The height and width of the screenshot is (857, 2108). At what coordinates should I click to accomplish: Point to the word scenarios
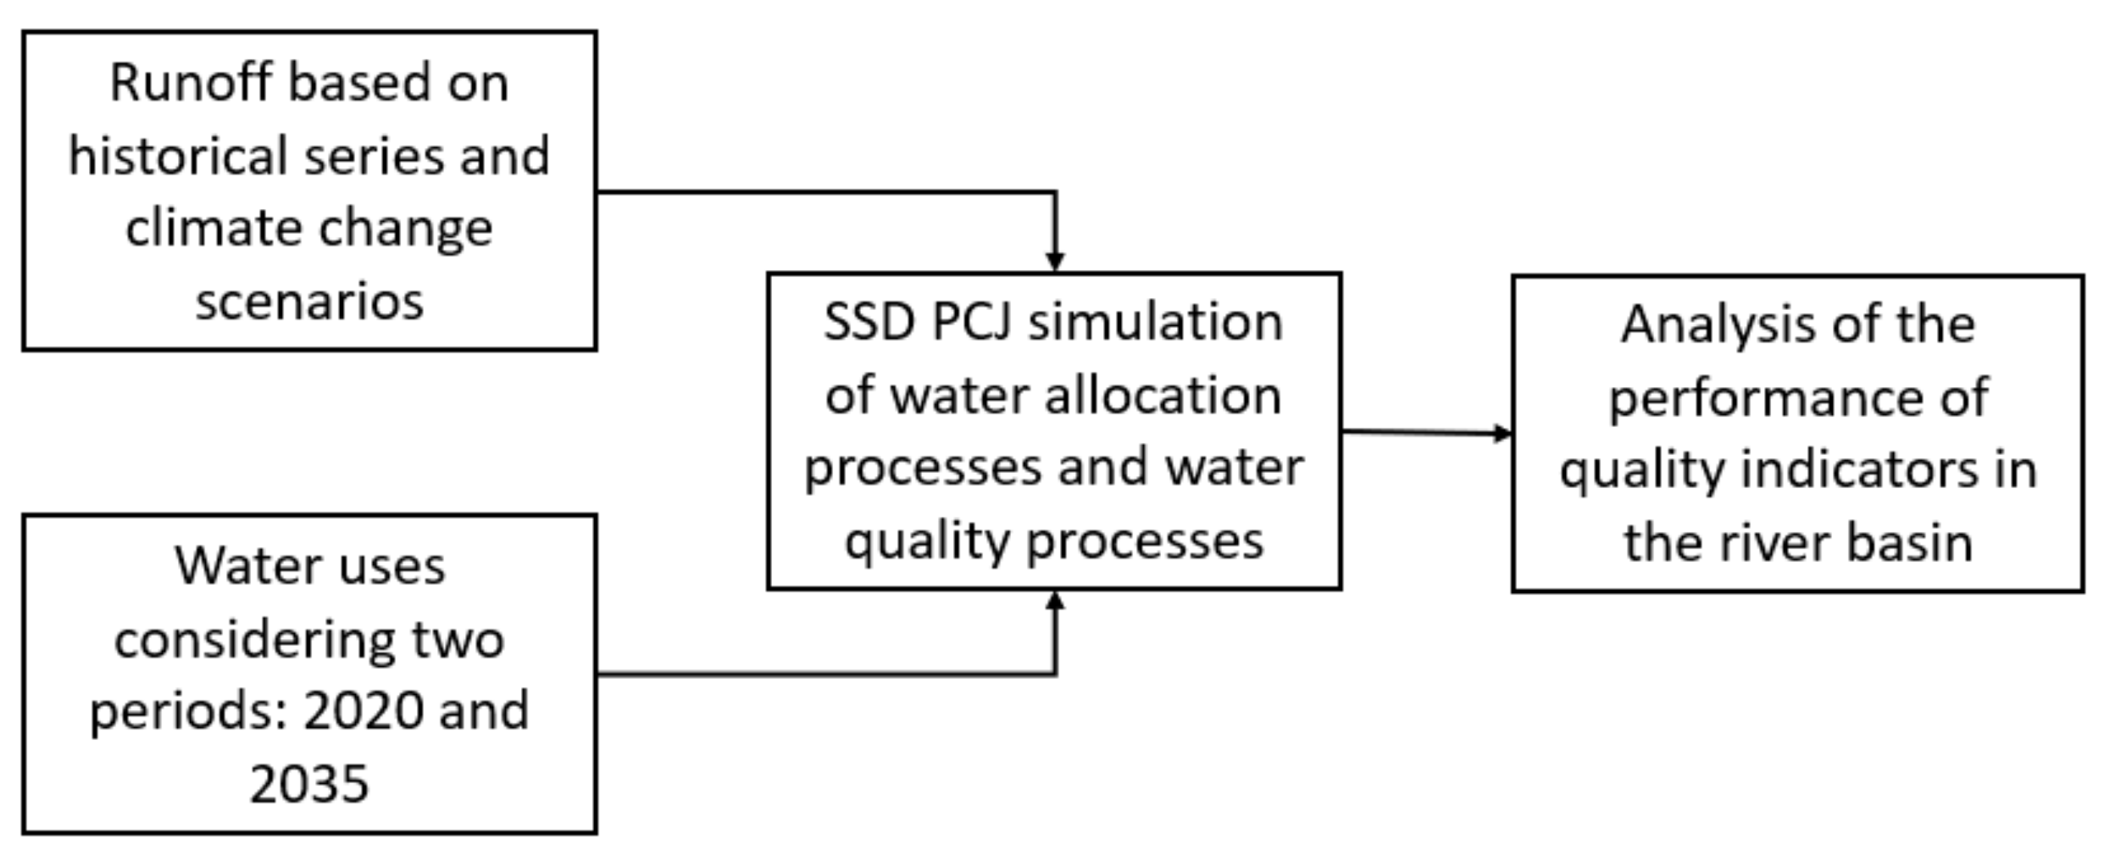pyautogui.click(x=309, y=301)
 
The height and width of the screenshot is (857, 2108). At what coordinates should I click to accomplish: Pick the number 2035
pyautogui.click(x=309, y=783)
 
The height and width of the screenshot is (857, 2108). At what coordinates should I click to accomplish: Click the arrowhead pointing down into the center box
pyautogui.click(x=1055, y=261)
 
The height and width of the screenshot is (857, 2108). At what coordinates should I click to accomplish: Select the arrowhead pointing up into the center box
pyautogui.click(x=1055, y=601)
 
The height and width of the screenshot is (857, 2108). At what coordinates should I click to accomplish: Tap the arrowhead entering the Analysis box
pyautogui.click(x=1503, y=433)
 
